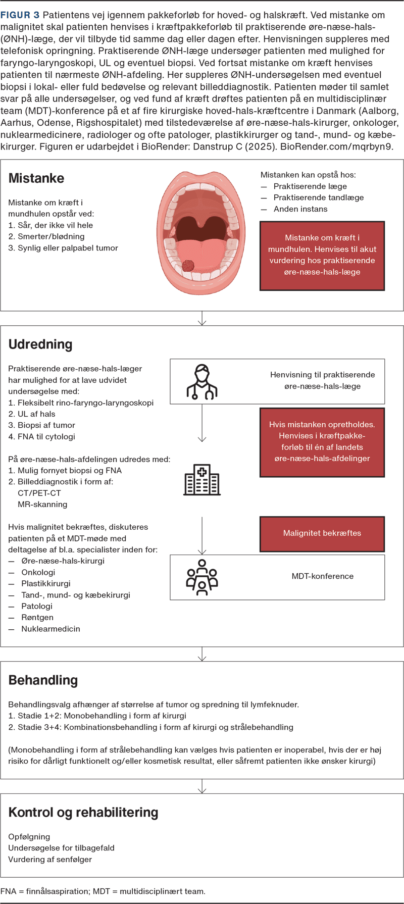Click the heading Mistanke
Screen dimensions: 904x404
36,178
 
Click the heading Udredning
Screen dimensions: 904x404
40,344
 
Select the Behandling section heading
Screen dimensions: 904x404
43,680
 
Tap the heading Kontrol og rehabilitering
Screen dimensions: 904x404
83,812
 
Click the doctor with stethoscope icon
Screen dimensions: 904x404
202,382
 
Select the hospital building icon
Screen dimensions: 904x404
202,479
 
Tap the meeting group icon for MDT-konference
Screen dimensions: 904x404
202,576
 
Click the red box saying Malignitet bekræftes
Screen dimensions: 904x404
322,533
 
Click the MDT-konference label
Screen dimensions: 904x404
322,576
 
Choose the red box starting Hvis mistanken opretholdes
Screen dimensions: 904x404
322,442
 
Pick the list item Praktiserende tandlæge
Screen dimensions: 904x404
319,197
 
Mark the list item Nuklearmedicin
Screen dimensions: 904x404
50,629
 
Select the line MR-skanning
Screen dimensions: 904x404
42,504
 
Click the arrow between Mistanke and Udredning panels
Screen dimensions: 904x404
202,319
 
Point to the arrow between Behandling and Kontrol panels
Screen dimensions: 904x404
202,786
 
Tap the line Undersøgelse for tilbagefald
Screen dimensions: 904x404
61,848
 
